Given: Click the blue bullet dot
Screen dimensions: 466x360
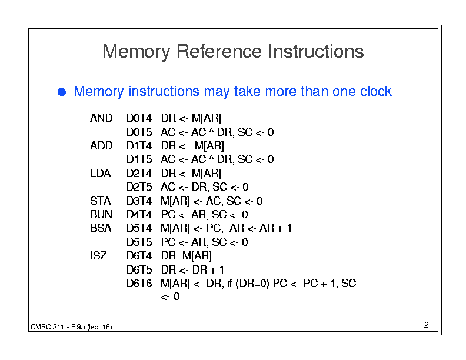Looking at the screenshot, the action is click(62, 92).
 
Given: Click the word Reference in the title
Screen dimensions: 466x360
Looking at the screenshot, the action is click(219, 51).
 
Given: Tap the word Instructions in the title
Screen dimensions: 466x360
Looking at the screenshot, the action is click(316, 51).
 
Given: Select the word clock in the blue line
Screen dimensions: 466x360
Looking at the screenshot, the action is click(375, 91).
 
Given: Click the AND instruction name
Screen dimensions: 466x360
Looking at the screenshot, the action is click(101, 118).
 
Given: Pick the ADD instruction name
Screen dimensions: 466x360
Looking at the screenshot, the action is click(101, 146).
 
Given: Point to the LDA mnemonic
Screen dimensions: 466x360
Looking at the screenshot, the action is click(101, 174).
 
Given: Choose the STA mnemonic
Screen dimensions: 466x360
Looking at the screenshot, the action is click(101, 201).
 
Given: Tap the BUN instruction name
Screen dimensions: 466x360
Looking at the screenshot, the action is click(101, 215).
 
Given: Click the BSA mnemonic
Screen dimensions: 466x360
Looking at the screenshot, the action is click(101, 228).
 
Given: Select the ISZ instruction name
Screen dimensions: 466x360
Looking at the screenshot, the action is click(98, 256).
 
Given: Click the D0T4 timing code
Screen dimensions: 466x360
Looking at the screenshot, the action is click(139, 118).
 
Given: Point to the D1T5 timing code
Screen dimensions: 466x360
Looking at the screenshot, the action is click(139, 159).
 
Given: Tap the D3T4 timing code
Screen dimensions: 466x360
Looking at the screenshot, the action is click(139, 201).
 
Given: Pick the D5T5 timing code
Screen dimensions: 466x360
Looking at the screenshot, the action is click(139, 242).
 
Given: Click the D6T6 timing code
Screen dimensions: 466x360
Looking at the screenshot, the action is click(139, 284).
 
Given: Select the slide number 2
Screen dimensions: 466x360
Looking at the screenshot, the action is click(426, 325).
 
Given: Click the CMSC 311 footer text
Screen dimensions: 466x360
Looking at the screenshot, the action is click(47, 327).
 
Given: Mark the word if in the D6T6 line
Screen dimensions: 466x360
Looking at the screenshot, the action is click(229, 284).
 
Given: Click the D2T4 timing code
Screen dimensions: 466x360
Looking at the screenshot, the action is click(139, 174).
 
